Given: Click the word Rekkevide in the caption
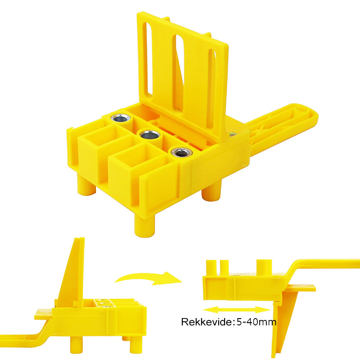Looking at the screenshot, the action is click(207, 322).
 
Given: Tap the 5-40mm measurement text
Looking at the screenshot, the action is click(256, 322).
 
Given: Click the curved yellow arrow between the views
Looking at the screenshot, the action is click(148, 279).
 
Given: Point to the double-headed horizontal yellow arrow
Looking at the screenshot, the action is click(237, 310).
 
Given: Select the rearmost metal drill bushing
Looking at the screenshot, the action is click(121, 118).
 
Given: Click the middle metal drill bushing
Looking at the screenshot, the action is click(150, 135).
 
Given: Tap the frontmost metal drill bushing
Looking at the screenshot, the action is click(181, 152).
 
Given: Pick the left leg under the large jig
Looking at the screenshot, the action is click(86, 185).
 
